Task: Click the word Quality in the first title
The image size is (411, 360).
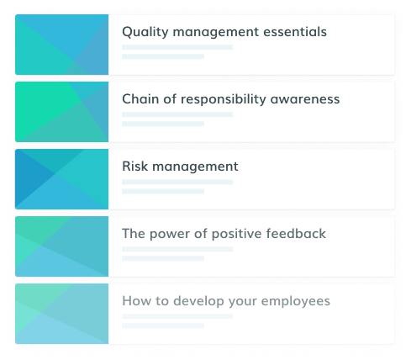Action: [145, 32]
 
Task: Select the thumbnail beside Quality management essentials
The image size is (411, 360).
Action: [62, 45]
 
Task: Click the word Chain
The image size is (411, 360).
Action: [140, 99]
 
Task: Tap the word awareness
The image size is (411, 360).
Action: [305, 99]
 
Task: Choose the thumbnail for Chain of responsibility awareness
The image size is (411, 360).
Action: [62, 112]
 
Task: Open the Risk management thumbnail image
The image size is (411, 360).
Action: [62, 179]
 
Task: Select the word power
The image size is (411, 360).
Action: [170, 235]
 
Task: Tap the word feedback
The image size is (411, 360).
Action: [296, 234]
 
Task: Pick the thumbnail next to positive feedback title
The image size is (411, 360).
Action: [62, 246]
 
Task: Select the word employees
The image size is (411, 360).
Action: [296, 302]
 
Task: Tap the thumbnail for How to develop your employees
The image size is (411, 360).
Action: [62, 314]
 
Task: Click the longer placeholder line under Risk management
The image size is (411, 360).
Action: [177, 182]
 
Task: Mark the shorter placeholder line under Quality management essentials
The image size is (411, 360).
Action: [163, 56]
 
